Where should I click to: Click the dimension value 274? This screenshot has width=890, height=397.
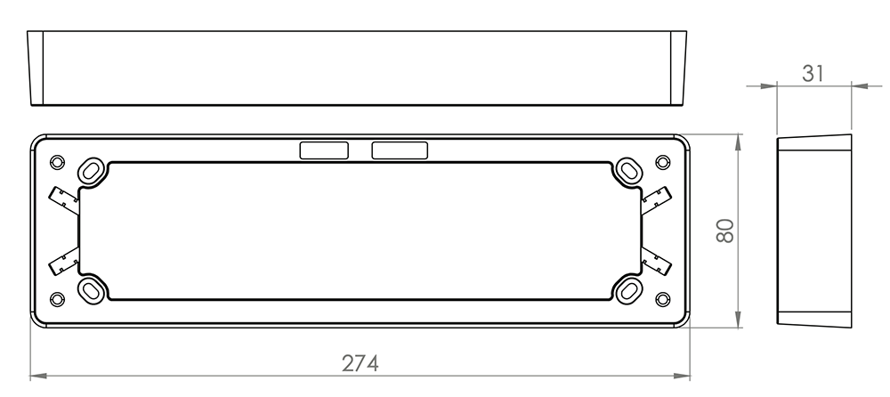click(x=360, y=364)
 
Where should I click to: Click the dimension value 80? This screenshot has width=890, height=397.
click(x=725, y=231)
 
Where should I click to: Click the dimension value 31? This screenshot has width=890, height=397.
click(x=813, y=74)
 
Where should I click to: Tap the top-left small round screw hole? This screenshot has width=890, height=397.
click(x=58, y=162)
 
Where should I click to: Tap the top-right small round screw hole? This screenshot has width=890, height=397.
click(x=661, y=162)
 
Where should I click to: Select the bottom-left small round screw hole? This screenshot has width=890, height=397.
click(x=58, y=298)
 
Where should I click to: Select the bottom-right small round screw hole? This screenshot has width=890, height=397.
click(x=661, y=298)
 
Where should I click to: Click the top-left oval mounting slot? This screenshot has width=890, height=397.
click(x=92, y=169)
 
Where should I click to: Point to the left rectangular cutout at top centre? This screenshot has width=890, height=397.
click(x=324, y=150)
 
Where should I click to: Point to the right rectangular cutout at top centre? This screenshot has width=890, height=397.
click(x=399, y=150)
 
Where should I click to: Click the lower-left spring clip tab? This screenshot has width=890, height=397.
click(x=65, y=262)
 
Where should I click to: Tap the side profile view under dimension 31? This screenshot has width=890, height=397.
click(x=813, y=231)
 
